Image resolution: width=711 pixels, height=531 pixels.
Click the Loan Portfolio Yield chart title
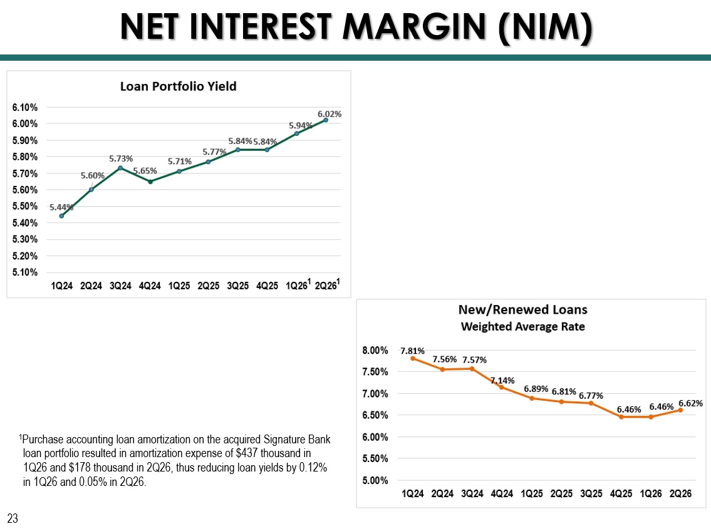tap(178, 86)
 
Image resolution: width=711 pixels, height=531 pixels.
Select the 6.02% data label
tap(330, 114)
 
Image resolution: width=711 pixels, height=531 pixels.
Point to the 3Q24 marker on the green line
tap(120, 168)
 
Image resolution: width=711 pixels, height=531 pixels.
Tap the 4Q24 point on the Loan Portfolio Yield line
tap(150, 182)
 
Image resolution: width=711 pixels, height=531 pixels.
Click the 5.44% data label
tap(61, 207)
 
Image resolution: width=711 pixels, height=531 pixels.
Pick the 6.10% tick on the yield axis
tap(25, 107)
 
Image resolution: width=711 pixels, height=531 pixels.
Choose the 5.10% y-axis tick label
tap(25, 272)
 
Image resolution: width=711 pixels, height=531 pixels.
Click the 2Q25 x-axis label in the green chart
tap(208, 286)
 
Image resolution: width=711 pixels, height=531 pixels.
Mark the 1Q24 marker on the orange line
tap(413, 358)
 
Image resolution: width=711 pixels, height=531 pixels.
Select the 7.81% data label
tap(413, 351)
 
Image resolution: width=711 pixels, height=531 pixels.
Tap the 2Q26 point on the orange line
tap(681, 410)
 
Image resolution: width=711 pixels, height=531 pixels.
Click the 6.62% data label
tap(690, 403)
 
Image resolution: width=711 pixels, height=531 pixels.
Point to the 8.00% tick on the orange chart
tap(375, 350)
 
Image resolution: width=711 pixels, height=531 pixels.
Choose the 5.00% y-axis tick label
tap(375, 480)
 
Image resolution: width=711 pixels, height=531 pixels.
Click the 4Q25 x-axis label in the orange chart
tap(621, 493)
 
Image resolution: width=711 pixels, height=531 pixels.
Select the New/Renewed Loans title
tap(523, 309)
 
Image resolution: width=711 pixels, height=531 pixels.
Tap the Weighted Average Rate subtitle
tap(523, 327)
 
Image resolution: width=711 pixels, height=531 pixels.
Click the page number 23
tap(13, 518)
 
